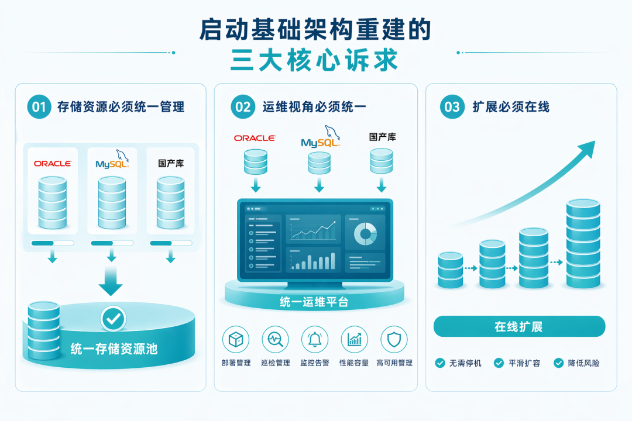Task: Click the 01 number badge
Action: coord(39,106)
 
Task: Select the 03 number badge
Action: coord(452,106)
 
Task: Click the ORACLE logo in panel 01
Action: coord(53,164)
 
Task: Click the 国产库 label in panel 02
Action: coord(383,137)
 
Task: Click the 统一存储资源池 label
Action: coord(114,349)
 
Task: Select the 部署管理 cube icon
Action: coord(236,339)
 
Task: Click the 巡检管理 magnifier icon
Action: coord(275,339)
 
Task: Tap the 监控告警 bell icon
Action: coord(315,339)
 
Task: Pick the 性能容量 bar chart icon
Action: coord(354,339)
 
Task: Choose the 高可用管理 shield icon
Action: coord(394,339)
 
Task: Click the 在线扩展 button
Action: coord(519,326)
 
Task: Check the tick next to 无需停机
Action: coord(440,363)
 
